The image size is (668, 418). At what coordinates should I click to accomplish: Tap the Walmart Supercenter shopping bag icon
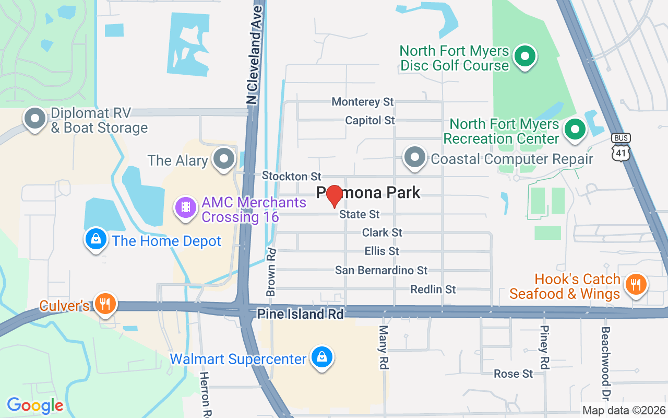(322, 358)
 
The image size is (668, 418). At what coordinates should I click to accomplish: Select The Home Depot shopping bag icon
(96, 240)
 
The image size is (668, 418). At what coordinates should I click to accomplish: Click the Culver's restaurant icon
(105, 304)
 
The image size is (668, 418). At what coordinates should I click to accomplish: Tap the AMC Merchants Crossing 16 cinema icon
(185, 208)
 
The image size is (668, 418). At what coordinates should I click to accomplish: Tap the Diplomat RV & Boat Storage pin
(35, 119)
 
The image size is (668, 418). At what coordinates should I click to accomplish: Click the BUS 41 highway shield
(621, 146)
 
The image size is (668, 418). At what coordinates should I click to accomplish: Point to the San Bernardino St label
(381, 270)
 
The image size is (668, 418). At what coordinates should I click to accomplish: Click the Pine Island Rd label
(301, 314)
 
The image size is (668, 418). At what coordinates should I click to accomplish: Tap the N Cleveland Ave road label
(254, 52)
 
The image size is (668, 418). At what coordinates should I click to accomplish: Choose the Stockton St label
(292, 176)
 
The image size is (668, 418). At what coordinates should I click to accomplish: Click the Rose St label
(514, 374)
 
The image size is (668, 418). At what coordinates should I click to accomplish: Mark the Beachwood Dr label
(605, 361)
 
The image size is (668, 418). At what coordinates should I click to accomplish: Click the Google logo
(35, 405)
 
